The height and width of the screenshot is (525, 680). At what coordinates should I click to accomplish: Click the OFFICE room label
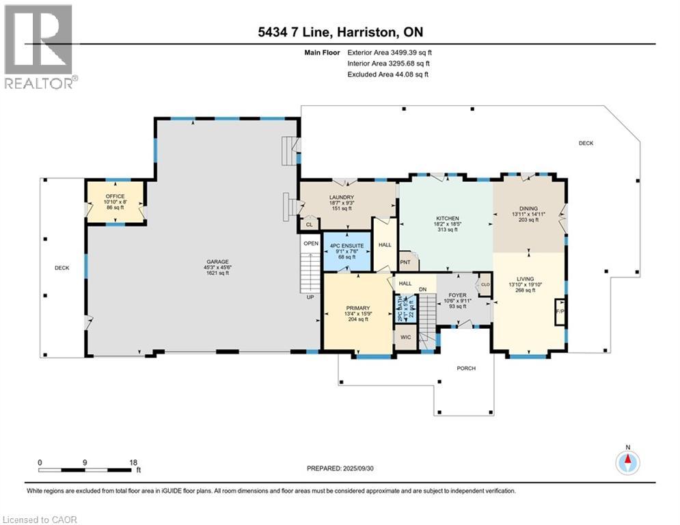pyautogui.click(x=115, y=196)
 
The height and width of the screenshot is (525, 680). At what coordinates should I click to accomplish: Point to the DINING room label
pyautogui.click(x=528, y=208)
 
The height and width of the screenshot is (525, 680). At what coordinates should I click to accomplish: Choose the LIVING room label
pyautogui.click(x=525, y=278)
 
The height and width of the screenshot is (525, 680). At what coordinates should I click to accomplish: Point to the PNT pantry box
pyautogui.click(x=405, y=261)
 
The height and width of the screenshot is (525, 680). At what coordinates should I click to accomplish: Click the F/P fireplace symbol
pyautogui.click(x=559, y=310)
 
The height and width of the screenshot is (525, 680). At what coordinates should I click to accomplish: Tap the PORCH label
pyautogui.click(x=466, y=368)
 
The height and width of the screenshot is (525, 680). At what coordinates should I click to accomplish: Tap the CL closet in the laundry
pyautogui.click(x=309, y=224)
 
